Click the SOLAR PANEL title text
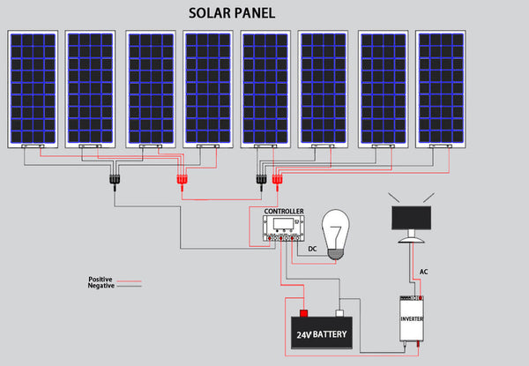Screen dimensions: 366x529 coord(233,15)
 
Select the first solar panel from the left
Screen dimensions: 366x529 coord(34,87)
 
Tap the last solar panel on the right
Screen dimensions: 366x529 coord(441,87)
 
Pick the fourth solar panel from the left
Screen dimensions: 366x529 coord(208,87)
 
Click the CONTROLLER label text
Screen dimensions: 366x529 coord(284,213)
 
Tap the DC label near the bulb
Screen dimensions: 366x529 coord(310,249)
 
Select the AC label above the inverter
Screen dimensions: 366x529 coord(424,272)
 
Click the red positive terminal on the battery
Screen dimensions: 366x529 coord(304,312)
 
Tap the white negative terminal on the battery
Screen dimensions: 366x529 coord(338,312)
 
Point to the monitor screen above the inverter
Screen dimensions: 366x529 coord(411,216)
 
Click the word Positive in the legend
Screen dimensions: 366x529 coord(101,280)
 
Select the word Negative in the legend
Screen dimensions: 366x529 coord(101,287)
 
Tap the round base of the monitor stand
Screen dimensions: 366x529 coord(411,240)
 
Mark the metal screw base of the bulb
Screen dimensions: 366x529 coord(332,255)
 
